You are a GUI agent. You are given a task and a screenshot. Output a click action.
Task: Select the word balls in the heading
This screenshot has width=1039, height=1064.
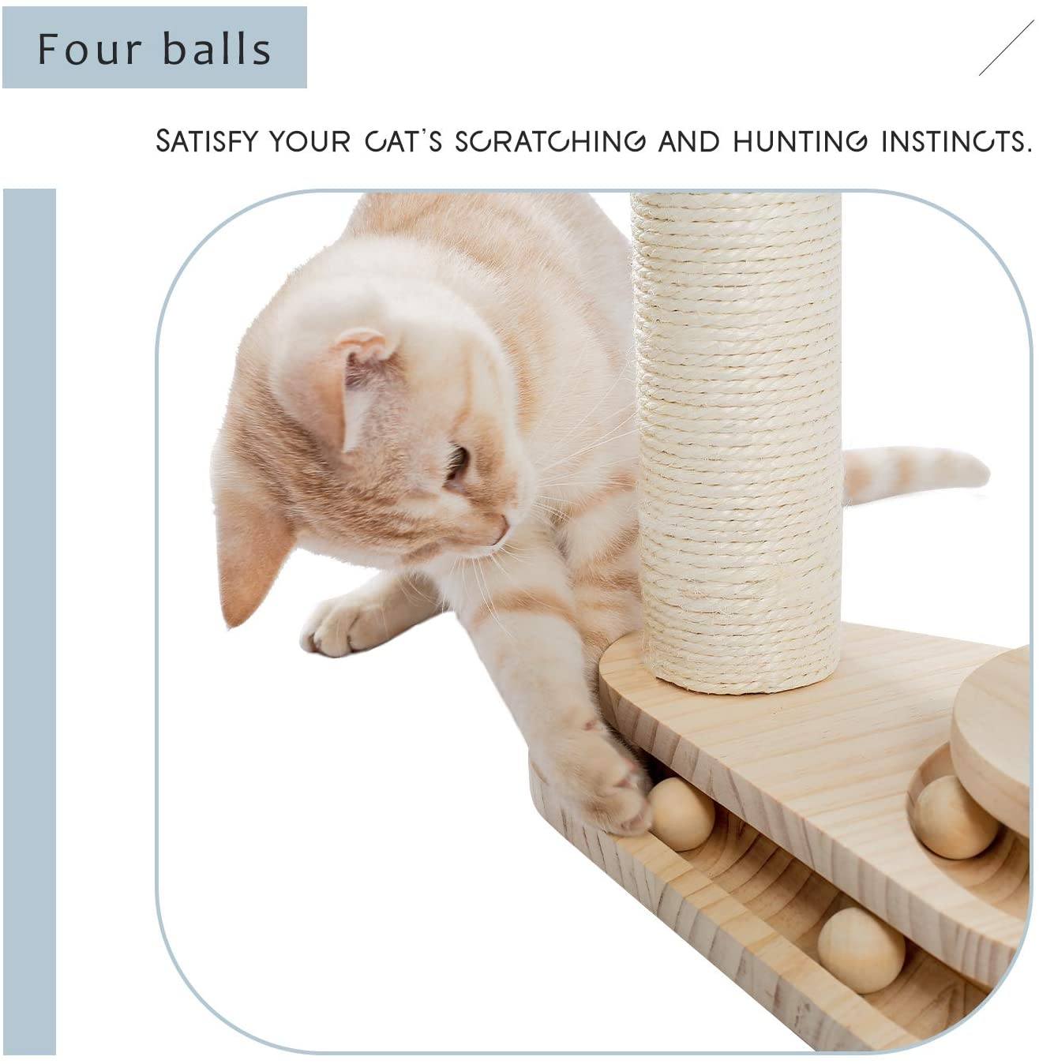217,49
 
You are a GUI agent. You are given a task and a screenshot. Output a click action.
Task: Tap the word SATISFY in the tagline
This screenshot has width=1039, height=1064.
206,141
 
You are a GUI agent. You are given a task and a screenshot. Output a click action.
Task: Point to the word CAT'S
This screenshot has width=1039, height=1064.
403,141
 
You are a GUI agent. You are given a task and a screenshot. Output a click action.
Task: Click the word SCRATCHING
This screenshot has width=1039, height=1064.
550,141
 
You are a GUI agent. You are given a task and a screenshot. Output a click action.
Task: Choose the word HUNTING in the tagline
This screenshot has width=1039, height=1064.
801,141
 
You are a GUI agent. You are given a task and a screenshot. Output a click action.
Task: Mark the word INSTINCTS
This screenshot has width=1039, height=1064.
956,141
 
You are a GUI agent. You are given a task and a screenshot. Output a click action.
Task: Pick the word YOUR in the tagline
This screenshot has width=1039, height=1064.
310,141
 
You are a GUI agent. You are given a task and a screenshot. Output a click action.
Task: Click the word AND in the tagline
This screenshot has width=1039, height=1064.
689,141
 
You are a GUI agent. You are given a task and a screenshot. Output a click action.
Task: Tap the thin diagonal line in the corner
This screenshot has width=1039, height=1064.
1006,47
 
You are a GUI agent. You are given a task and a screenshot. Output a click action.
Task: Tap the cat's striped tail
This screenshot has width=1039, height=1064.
914,474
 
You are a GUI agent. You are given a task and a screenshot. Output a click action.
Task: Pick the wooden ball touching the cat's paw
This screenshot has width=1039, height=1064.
681,814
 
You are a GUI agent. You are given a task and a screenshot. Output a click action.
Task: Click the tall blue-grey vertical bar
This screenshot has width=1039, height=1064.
29,622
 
